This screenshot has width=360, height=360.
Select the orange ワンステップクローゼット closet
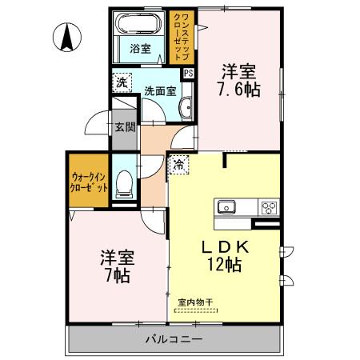[181, 36]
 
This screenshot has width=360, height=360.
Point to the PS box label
[188, 73]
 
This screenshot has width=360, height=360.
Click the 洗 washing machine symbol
[121, 82]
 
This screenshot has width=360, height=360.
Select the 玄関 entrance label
[124, 126]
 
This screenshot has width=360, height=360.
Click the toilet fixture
[124, 185]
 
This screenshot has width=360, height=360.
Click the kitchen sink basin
[226, 207]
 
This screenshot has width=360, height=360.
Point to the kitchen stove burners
[268, 208]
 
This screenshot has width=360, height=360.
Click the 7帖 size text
[118, 277]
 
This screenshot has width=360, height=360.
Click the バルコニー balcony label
[174, 339]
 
